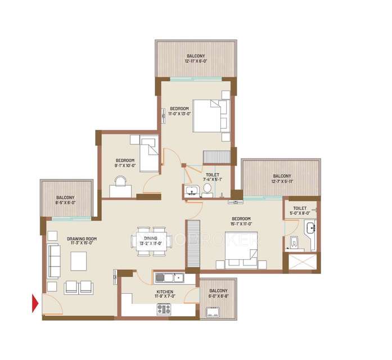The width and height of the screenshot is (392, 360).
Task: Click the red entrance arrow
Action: click(x=35, y=303)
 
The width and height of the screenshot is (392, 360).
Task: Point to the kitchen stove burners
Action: click(x=164, y=308)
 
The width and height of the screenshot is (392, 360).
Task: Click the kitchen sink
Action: click(x=169, y=277)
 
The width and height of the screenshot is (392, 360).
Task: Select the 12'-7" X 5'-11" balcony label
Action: click(x=281, y=178)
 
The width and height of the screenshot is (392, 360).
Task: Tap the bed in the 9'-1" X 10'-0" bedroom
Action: click(x=149, y=154)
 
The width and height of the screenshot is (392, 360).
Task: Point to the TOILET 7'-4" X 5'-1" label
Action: click(x=213, y=177)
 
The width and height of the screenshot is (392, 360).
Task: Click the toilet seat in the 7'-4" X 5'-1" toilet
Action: click(x=207, y=189)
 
